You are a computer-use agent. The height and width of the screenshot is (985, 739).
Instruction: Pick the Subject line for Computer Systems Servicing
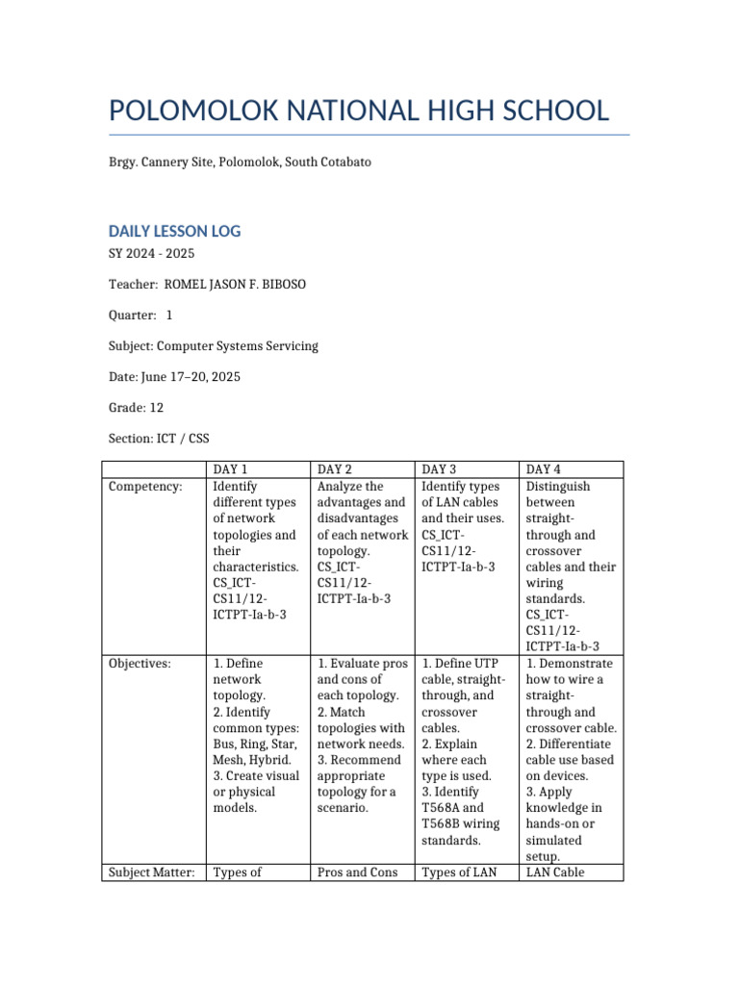tap(213, 345)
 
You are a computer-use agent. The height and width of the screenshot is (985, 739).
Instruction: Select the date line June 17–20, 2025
tap(174, 376)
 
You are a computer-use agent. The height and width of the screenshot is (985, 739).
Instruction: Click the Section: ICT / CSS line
tap(159, 439)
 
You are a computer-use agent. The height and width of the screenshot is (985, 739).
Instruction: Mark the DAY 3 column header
tap(439, 469)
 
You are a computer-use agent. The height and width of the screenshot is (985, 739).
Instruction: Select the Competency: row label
tap(145, 487)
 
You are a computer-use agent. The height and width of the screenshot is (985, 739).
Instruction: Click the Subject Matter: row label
tap(152, 872)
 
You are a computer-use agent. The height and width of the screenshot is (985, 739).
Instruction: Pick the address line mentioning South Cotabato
tap(240, 163)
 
